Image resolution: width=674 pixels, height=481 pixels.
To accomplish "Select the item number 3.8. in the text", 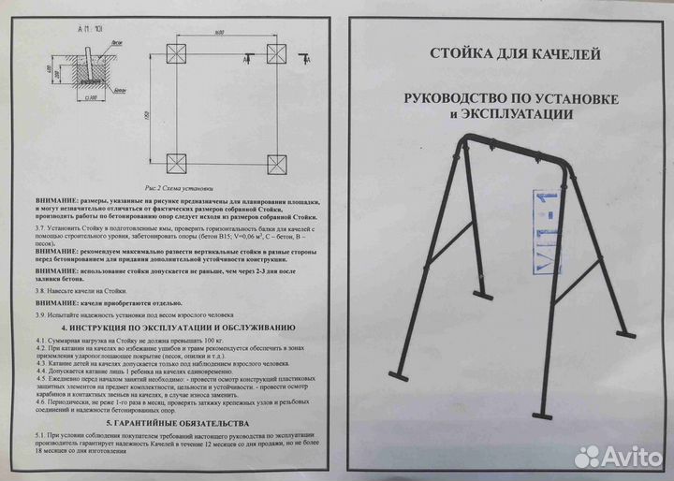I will (x=41, y=292).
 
